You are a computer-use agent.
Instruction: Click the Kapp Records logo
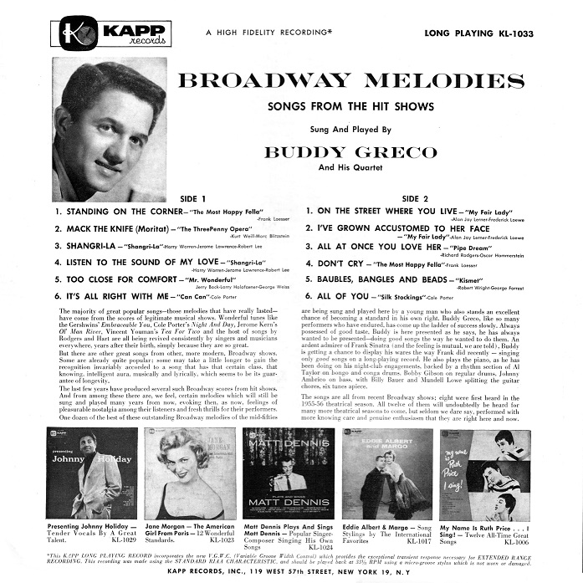click(111, 34)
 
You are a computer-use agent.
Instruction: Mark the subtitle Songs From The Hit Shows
click(361, 108)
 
